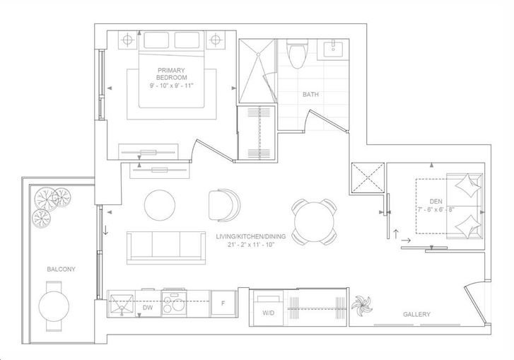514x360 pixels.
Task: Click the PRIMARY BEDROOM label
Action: [171, 74]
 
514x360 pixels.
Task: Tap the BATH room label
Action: [310, 95]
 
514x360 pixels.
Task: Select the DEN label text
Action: [436, 202]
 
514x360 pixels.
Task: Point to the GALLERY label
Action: [416, 314]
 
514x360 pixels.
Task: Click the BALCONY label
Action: [61, 269]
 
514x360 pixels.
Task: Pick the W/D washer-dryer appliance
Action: [269, 309]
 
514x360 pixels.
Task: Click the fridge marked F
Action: [223, 303]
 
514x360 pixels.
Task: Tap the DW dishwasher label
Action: [148, 308]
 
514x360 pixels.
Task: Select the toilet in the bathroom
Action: [298, 54]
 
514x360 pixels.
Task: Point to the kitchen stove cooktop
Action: [174, 303]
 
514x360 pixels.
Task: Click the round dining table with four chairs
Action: [314, 222]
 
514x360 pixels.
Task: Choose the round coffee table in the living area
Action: [160, 205]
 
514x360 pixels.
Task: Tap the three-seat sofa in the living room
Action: [166, 248]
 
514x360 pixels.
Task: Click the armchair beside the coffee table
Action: [224, 206]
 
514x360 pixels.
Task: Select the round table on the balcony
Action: [54, 306]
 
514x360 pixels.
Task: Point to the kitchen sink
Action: [122, 304]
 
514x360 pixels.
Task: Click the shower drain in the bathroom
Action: [258, 54]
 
